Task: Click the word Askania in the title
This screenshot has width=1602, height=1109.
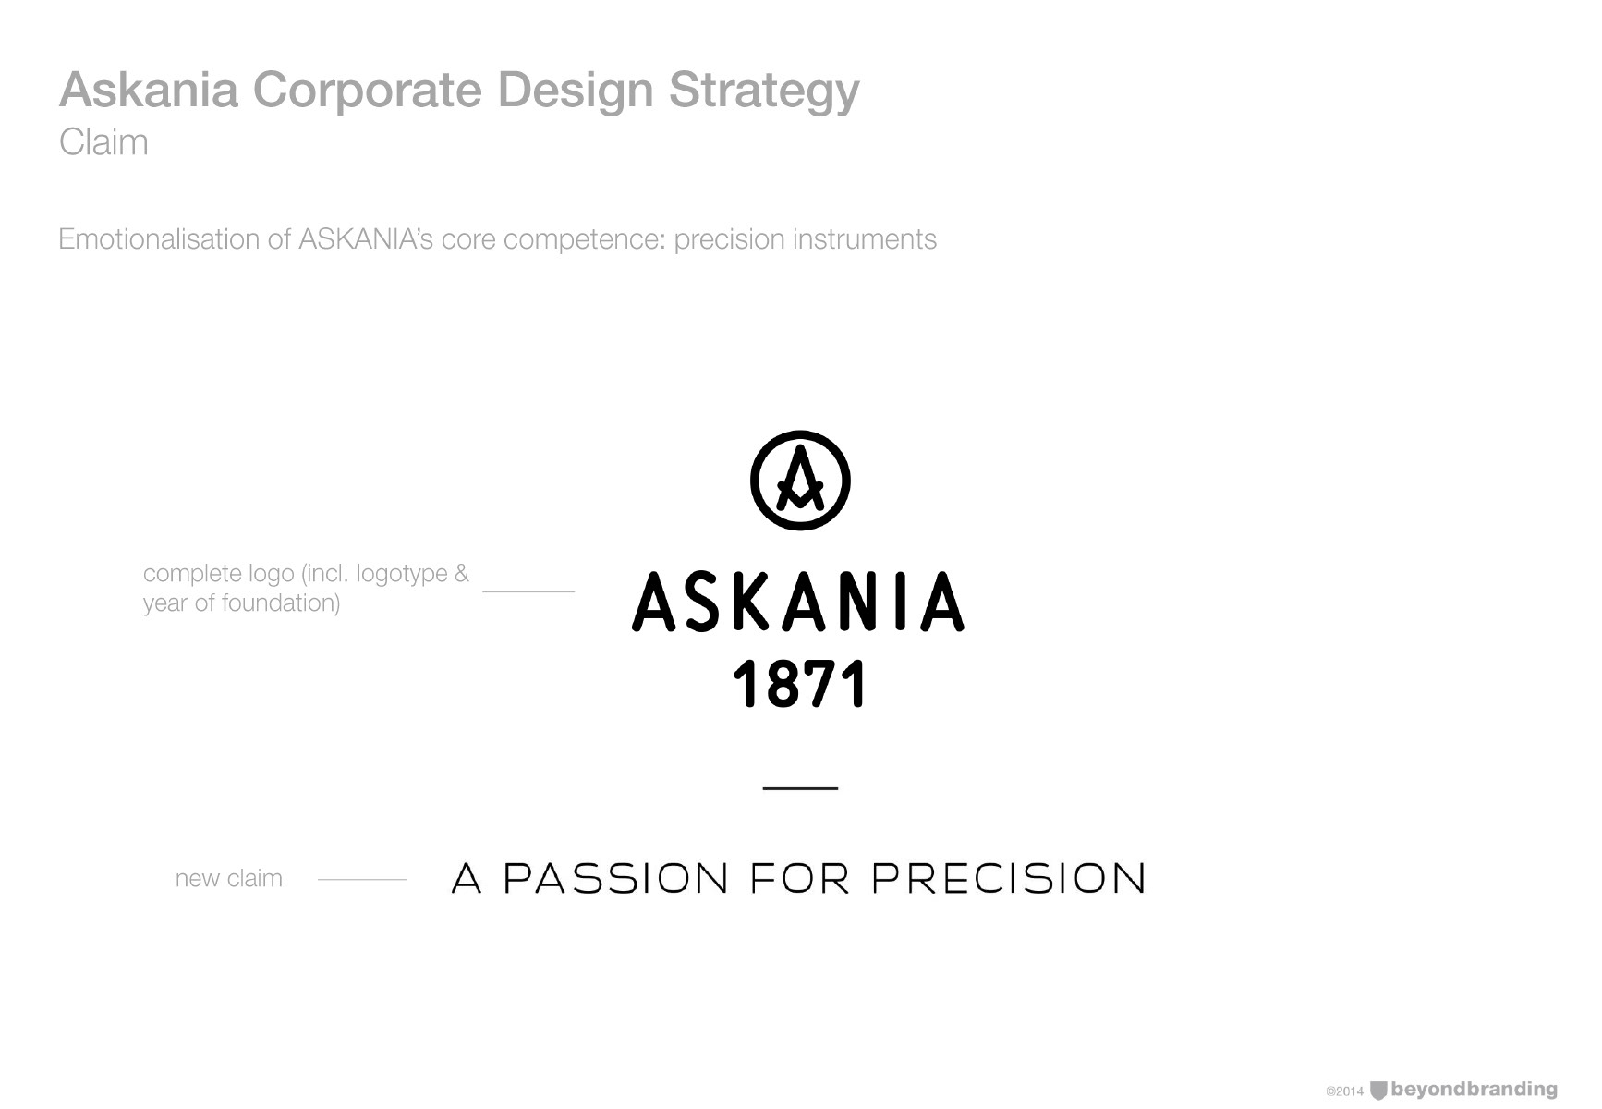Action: point(149,90)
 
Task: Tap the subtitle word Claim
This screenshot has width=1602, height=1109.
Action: point(103,142)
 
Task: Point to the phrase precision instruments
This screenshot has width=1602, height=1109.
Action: point(805,240)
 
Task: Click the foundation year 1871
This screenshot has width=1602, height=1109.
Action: point(800,684)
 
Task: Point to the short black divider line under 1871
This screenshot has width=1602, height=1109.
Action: point(800,787)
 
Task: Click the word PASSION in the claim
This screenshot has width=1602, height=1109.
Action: point(615,879)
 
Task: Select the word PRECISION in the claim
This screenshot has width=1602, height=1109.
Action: point(1008,879)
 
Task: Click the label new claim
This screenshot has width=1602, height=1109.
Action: point(229,878)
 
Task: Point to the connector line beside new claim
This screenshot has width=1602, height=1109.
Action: point(362,879)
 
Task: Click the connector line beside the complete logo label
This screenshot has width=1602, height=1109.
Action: point(528,591)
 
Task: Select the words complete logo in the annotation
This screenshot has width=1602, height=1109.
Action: point(219,574)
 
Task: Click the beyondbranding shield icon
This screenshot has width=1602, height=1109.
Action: point(1378,1091)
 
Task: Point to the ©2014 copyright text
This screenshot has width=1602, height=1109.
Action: point(1344,1091)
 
